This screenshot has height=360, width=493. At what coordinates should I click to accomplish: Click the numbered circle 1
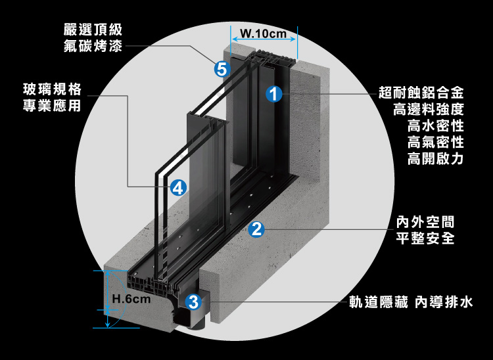[x=274, y=94]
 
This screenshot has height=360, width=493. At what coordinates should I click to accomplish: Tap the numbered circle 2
[x=256, y=229]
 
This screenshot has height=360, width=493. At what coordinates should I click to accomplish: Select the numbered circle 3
[x=193, y=302]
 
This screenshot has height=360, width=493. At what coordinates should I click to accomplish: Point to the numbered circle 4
[x=177, y=188]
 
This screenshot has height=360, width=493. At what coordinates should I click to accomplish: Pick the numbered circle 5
[x=222, y=68]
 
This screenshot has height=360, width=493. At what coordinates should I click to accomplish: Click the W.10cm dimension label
[x=264, y=34]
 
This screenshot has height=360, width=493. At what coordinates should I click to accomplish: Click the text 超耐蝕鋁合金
[x=422, y=92]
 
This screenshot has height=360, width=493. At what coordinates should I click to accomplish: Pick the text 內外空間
[x=426, y=221]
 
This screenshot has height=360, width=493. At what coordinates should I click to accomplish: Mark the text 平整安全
[x=426, y=238]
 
